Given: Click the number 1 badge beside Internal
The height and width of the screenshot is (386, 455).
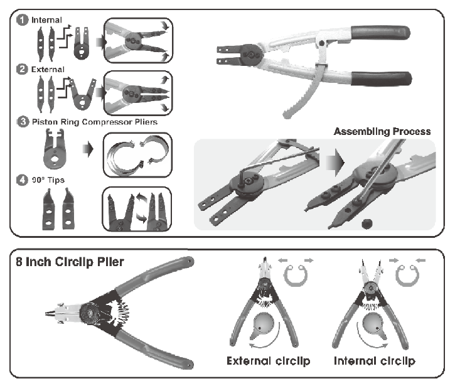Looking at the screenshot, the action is point(22,20).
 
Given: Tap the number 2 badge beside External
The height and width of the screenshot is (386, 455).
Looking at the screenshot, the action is point(22,70).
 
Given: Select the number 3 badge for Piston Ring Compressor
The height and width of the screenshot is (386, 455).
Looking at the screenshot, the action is point(23,122).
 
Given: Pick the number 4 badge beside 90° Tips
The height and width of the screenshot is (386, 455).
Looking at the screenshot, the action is point(22,180).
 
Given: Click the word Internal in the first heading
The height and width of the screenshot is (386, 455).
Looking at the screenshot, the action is point(46,20).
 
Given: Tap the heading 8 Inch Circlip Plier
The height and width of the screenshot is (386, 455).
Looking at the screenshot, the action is point(70,262).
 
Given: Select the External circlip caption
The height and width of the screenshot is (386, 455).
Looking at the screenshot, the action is point(269,361).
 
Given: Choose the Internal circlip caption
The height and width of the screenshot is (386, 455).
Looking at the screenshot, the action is point(374,361).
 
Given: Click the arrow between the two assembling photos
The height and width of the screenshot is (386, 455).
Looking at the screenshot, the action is point(335,163).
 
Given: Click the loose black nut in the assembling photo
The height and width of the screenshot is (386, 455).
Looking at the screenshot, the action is point(367,224).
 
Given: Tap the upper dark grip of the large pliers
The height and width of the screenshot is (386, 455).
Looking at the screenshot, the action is point(380,33).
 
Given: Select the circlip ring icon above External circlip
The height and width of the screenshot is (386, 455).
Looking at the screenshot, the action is point(296,275).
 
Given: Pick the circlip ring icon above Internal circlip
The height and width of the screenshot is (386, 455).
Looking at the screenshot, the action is point(407,275).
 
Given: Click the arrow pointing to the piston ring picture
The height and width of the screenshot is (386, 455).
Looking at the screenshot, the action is point(88,149).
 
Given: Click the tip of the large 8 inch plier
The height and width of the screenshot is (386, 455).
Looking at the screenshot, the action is point(46,313).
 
